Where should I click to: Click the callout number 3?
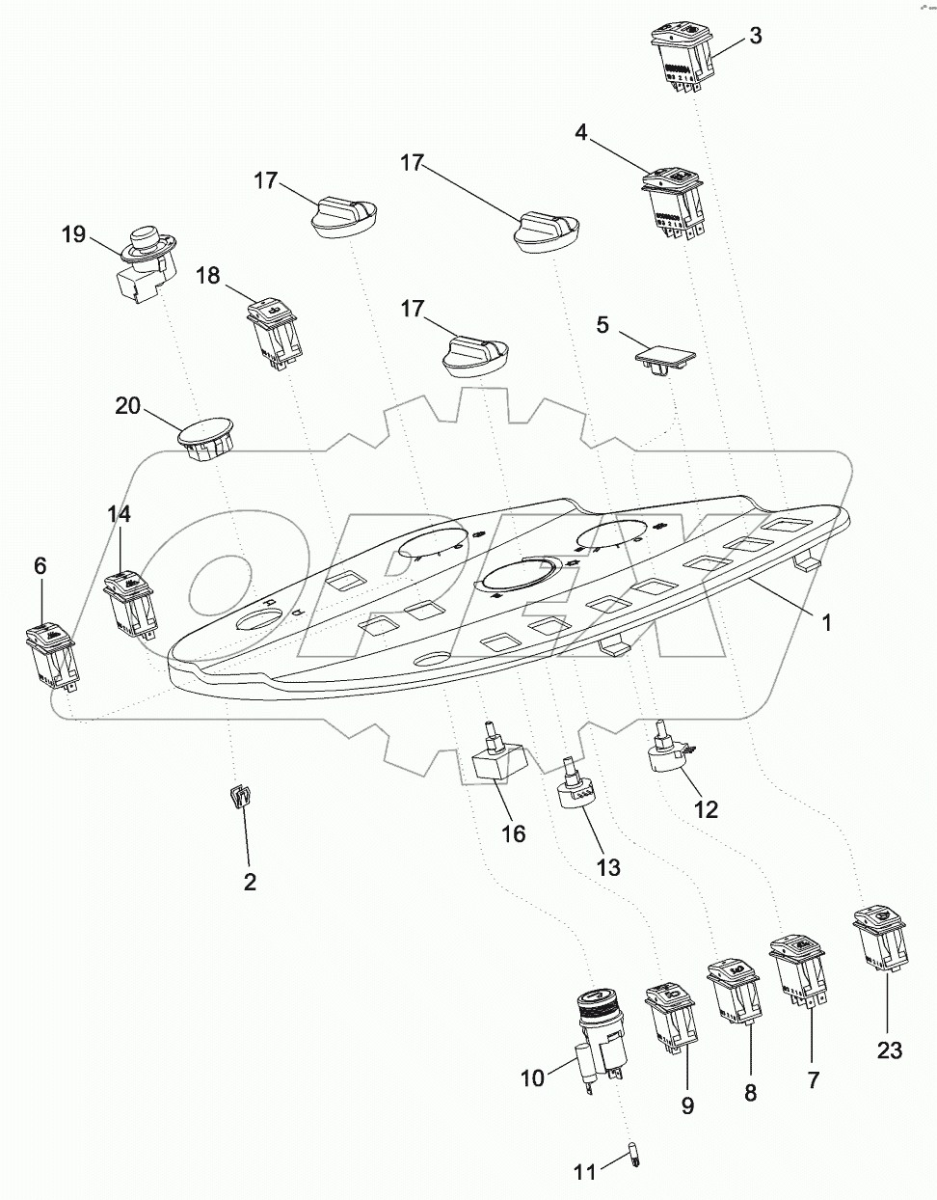756,37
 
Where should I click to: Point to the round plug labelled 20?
206,437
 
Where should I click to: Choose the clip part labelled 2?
240,799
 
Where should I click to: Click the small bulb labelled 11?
634,1154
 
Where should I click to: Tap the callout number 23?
889,1050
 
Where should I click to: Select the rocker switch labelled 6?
50,656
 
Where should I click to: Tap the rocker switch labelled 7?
797,970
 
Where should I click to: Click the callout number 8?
750,1093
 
